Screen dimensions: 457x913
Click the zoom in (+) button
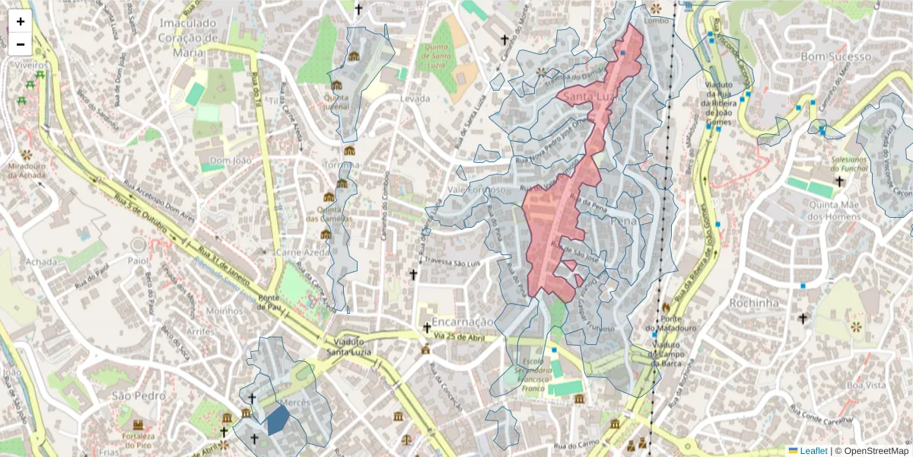[x=21, y=21]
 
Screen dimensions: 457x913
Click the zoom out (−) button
[x=21, y=44]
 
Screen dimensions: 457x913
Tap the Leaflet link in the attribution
[x=813, y=450]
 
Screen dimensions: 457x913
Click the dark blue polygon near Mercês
[x=278, y=419]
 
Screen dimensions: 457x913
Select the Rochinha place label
[x=753, y=302]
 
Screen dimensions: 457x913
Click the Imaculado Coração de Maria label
[x=188, y=37]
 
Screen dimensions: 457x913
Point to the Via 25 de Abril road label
[x=460, y=336]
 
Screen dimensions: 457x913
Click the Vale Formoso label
[x=476, y=190]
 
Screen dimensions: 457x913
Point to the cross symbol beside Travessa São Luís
[x=414, y=274]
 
